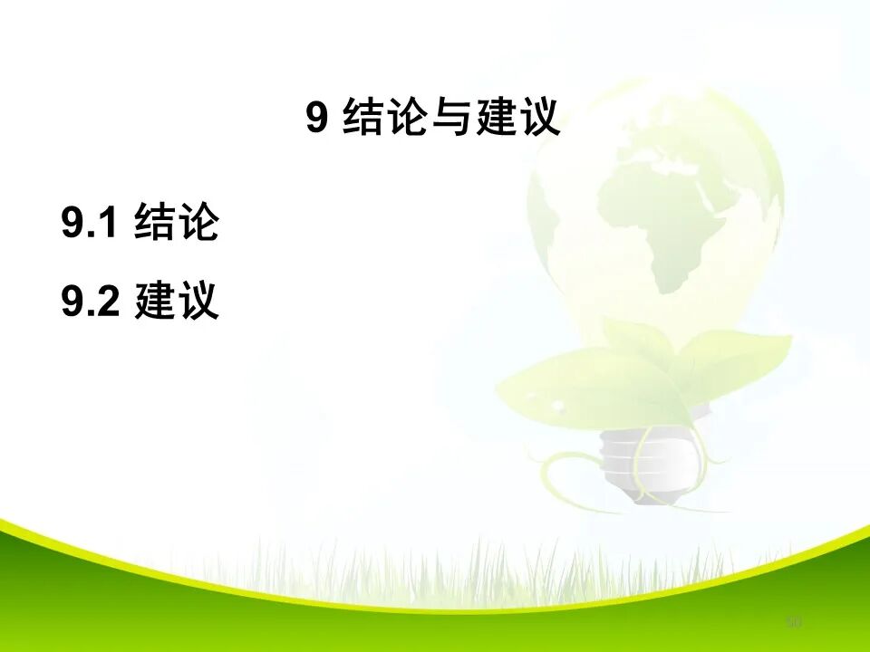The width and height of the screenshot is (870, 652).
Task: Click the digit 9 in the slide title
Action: point(316,118)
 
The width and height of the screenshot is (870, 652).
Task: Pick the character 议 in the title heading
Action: point(539,118)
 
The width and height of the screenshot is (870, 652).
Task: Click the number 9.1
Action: point(91,223)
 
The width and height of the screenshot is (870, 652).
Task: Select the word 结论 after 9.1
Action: point(177,223)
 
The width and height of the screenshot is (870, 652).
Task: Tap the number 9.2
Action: point(91,302)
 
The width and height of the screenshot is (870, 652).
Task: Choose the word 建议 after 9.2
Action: point(177,302)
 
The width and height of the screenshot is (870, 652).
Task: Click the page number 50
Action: point(795,622)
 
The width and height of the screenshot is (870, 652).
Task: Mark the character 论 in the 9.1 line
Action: point(198,223)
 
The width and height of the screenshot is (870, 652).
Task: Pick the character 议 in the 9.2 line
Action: point(198,302)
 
